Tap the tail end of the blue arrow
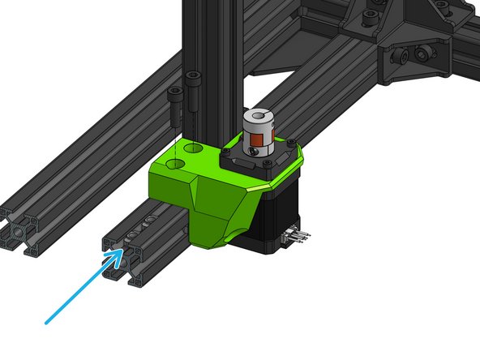click(x=46, y=322)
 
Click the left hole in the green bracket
click(x=173, y=164)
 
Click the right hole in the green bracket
click(x=195, y=150)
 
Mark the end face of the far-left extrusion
click(x=21, y=230)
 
